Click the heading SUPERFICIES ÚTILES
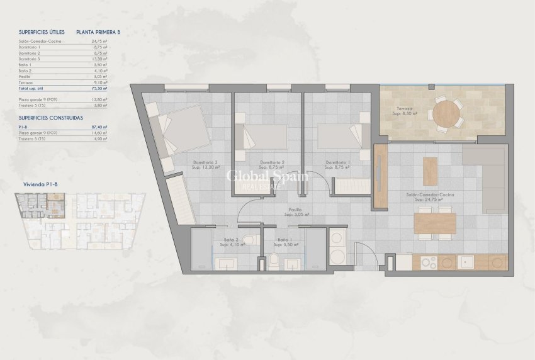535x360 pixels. (x=42, y=31)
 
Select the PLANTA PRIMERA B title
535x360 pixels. (x=98, y=31)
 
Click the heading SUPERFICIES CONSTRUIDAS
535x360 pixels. (x=50, y=118)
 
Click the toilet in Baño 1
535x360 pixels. (x=275, y=261)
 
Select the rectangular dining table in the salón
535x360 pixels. (x=435, y=223)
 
